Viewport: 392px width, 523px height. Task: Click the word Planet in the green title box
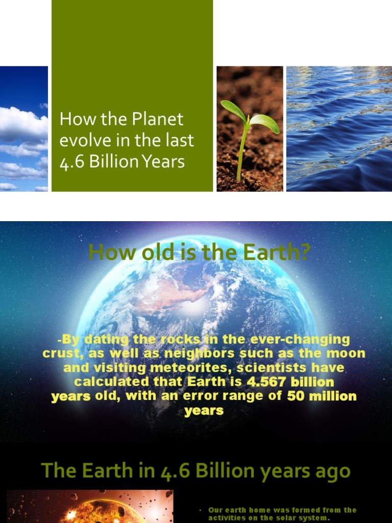click(x=158, y=120)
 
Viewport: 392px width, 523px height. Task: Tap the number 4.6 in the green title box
click(x=71, y=161)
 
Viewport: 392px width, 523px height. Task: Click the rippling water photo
click(x=339, y=129)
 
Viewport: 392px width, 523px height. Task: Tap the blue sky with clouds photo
click(x=23, y=129)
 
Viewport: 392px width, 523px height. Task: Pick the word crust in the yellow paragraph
click(x=59, y=353)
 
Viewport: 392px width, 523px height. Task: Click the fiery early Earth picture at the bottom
click(x=90, y=507)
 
